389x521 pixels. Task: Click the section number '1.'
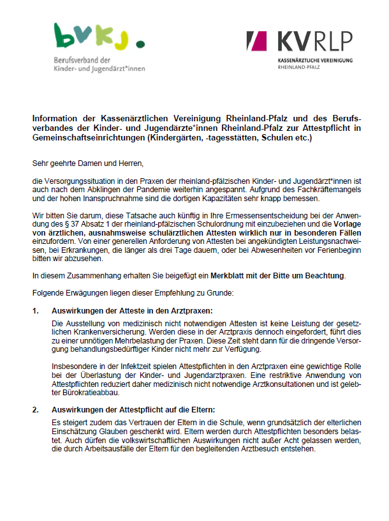(x=36, y=310)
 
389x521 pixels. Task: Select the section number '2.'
(x=36, y=409)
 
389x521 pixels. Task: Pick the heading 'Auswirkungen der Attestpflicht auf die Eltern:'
(x=133, y=409)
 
